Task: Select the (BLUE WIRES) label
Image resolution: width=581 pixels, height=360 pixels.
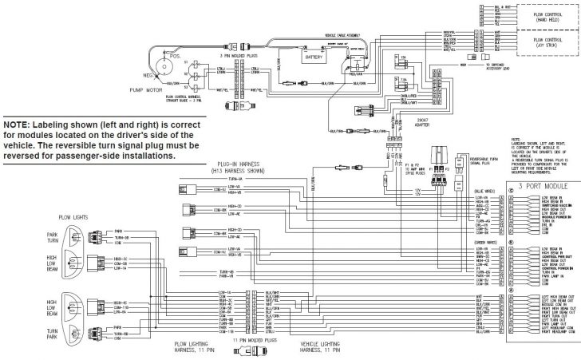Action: click(486, 192)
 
